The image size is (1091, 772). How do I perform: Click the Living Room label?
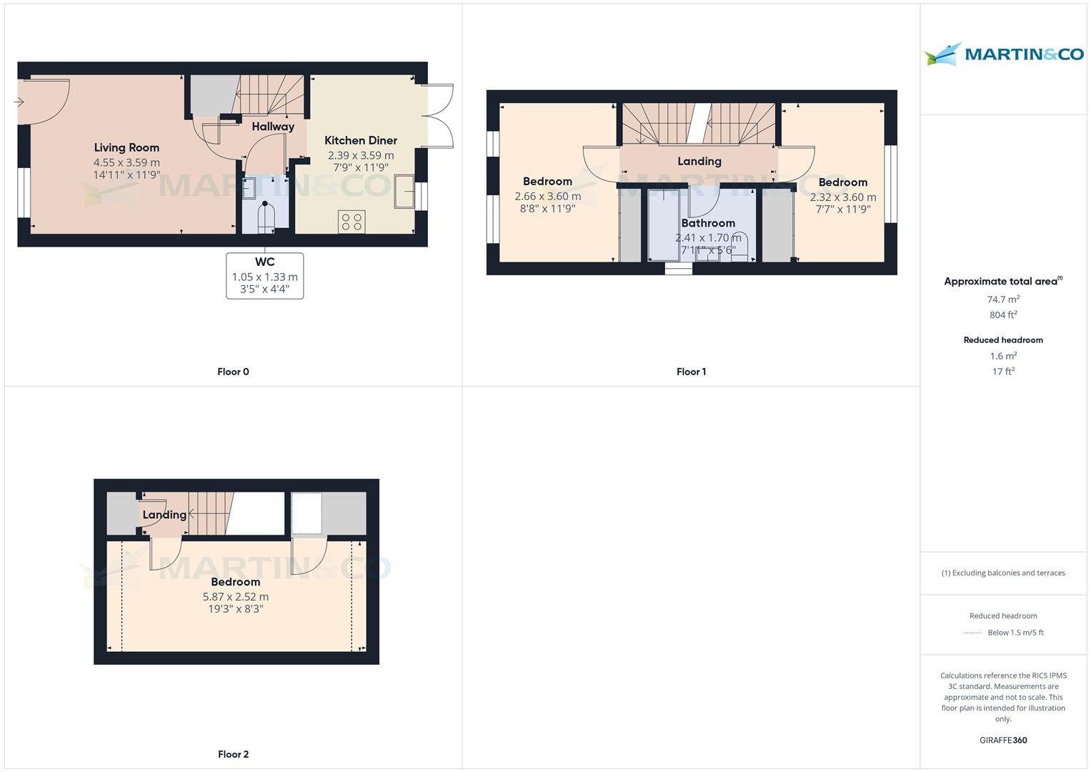(126, 148)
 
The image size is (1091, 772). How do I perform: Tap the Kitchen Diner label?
(361, 140)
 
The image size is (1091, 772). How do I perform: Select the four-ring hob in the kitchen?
(352, 222)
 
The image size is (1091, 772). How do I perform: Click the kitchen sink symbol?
(404, 192)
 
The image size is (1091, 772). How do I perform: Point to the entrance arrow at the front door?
(19, 102)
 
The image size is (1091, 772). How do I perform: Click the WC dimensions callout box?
(265, 276)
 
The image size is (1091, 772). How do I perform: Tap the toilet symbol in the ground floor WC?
(266, 217)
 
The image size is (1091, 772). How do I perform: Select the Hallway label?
(273, 127)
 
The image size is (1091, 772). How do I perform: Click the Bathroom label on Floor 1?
(708, 223)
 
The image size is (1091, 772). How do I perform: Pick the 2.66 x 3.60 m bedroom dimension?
(548, 197)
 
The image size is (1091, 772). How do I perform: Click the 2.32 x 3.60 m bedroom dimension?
(843, 197)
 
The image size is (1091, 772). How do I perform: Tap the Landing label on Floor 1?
(699, 162)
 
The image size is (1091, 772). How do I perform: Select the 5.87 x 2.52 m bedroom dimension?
(236, 597)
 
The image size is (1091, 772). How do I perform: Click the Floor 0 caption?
(234, 372)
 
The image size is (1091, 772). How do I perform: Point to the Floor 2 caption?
(234, 754)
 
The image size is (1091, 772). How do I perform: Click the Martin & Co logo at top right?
(1004, 54)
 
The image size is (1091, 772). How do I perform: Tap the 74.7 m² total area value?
(1003, 300)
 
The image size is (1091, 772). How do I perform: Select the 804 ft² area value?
(1003, 315)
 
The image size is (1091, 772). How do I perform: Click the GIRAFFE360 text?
(1003, 741)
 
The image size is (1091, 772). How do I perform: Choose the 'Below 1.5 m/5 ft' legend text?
(1015, 633)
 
